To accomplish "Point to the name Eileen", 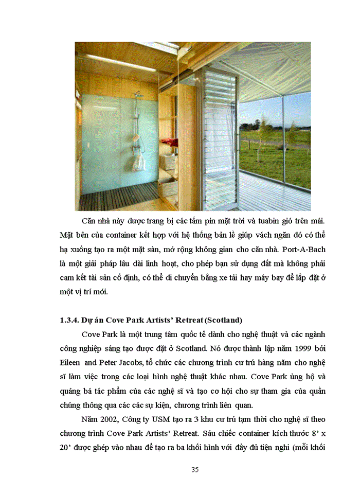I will tap(71, 362).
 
